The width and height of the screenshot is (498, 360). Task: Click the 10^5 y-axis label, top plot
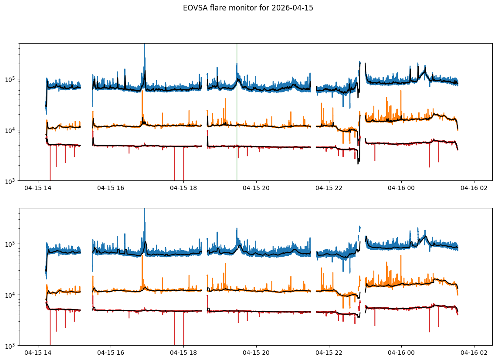click(x=10, y=79)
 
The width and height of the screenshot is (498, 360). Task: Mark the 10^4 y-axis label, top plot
click(x=10, y=130)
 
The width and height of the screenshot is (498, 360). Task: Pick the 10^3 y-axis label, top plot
click(x=10, y=180)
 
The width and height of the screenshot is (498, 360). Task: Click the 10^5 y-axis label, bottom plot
click(x=10, y=245)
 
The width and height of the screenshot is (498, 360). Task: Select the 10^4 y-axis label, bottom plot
click(x=10, y=295)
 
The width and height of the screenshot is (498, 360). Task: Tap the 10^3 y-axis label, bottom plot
click(x=10, y=346)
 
